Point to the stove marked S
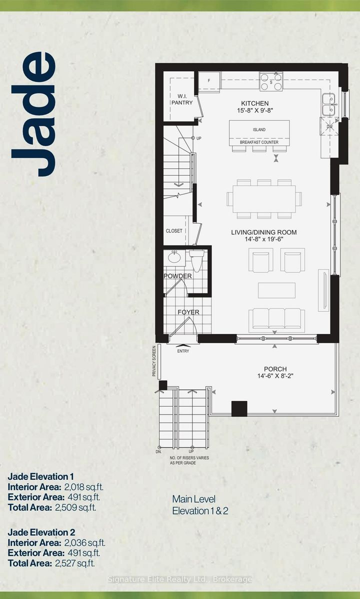[271, 81]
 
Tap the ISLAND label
[259, 130]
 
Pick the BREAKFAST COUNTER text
[259, 142]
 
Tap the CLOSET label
[174, 231]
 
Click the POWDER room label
[177, 276]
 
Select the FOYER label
[188, 312]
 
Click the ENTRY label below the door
[183, 351]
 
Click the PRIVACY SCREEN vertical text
[155, 360]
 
